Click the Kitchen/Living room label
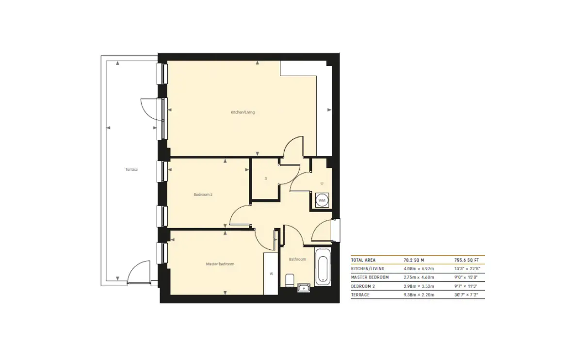point(242,112)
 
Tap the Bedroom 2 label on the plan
point(203,195)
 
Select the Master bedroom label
point(220,264)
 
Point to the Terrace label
point(131,169)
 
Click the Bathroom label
point(297,259)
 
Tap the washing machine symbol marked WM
point(322,200)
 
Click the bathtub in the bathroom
point(323,267)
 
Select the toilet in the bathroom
point(290,280)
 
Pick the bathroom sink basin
point(304,288)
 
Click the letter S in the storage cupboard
point(266,179)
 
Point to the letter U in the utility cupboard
point(322,183)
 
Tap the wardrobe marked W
point(271,274)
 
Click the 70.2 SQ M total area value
point(414,260)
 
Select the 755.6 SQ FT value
point(467,260)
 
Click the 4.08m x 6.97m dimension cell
point(419,269)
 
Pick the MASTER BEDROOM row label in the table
point(370,278)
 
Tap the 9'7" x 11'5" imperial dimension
point(466,286)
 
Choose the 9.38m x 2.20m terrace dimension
point(419,295)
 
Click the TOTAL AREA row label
point(363,260)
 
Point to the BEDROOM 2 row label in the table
point(363,286)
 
